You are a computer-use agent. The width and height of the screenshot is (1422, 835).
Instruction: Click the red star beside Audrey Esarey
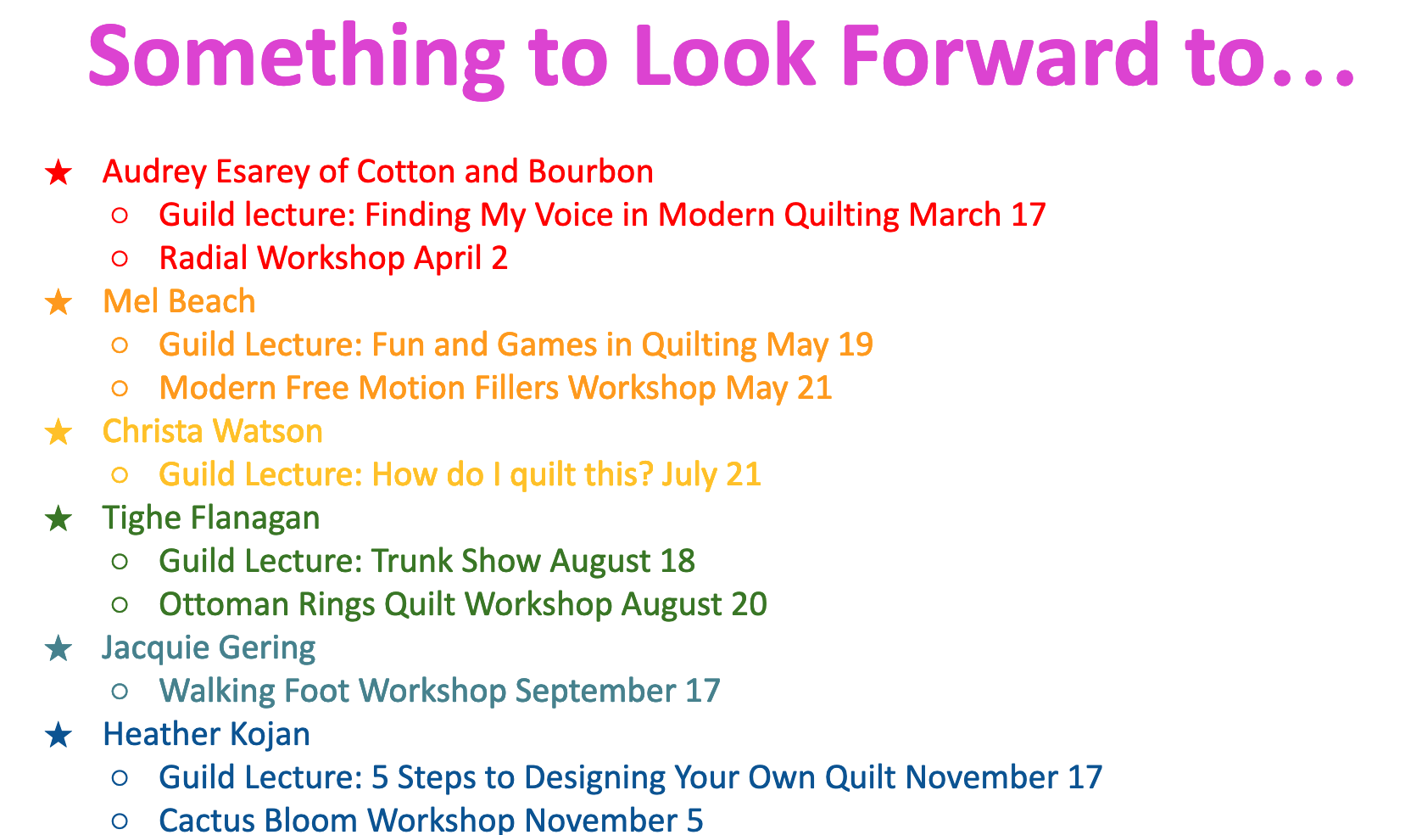tap(59, 172)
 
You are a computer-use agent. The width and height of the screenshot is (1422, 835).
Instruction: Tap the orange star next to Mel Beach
tap(59, 302)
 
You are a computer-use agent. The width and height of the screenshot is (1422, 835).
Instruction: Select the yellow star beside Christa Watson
tap(59, 432)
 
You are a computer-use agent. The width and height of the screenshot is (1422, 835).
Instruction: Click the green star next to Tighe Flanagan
tap(59, 518)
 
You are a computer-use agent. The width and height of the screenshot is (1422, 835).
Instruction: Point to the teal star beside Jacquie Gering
tap(59, 649)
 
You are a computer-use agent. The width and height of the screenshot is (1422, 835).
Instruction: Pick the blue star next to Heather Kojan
tap(59, 735)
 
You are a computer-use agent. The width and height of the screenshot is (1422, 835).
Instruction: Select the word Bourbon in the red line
tap(590, 171)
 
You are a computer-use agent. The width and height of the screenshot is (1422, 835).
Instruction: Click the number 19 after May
tap(855, 345)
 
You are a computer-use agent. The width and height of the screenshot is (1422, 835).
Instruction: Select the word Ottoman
tap(225, 604)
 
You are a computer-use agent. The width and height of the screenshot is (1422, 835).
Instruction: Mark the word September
tap(595, 692)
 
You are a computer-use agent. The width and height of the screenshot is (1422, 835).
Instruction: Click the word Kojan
tap(270, 735)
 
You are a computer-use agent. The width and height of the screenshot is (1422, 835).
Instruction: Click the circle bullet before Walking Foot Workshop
tap(120, 692)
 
